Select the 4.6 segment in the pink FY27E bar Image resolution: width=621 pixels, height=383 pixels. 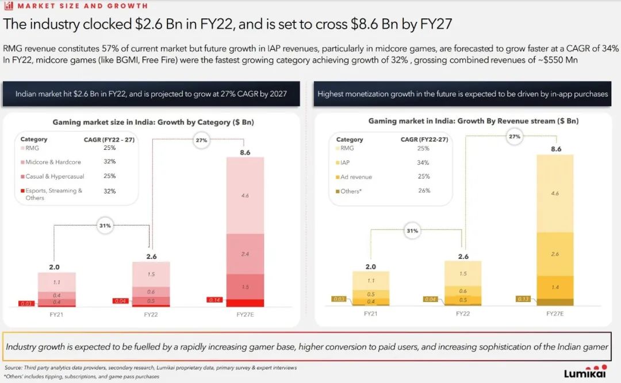click(x=245, y=196)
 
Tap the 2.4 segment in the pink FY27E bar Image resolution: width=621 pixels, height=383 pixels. click(x=245, y=253)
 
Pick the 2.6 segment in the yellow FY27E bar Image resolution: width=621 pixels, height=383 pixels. click(x=555, y=254)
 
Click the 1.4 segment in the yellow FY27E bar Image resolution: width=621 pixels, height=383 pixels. click(x=555, y=287)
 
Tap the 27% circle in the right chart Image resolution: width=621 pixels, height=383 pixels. click(x=514, y=136)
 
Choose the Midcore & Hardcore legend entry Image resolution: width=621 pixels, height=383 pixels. click(x=53, y=162)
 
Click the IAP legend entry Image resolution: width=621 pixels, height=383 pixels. click(x=345, y=163)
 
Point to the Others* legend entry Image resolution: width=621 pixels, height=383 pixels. click(x=351, y=191)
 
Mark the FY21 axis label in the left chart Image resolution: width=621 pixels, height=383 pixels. click(x=57, y=314)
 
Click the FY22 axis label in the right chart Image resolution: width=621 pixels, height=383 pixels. click(x=463, y=314)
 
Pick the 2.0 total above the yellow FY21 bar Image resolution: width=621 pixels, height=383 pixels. click(x=371, y=266)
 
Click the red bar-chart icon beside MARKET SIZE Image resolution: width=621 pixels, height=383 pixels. click(x=9, y=6)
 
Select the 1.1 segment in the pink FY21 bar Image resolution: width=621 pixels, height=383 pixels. click(x=57, y=282)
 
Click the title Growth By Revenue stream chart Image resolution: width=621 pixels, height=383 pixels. click(x=473, y=121)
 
